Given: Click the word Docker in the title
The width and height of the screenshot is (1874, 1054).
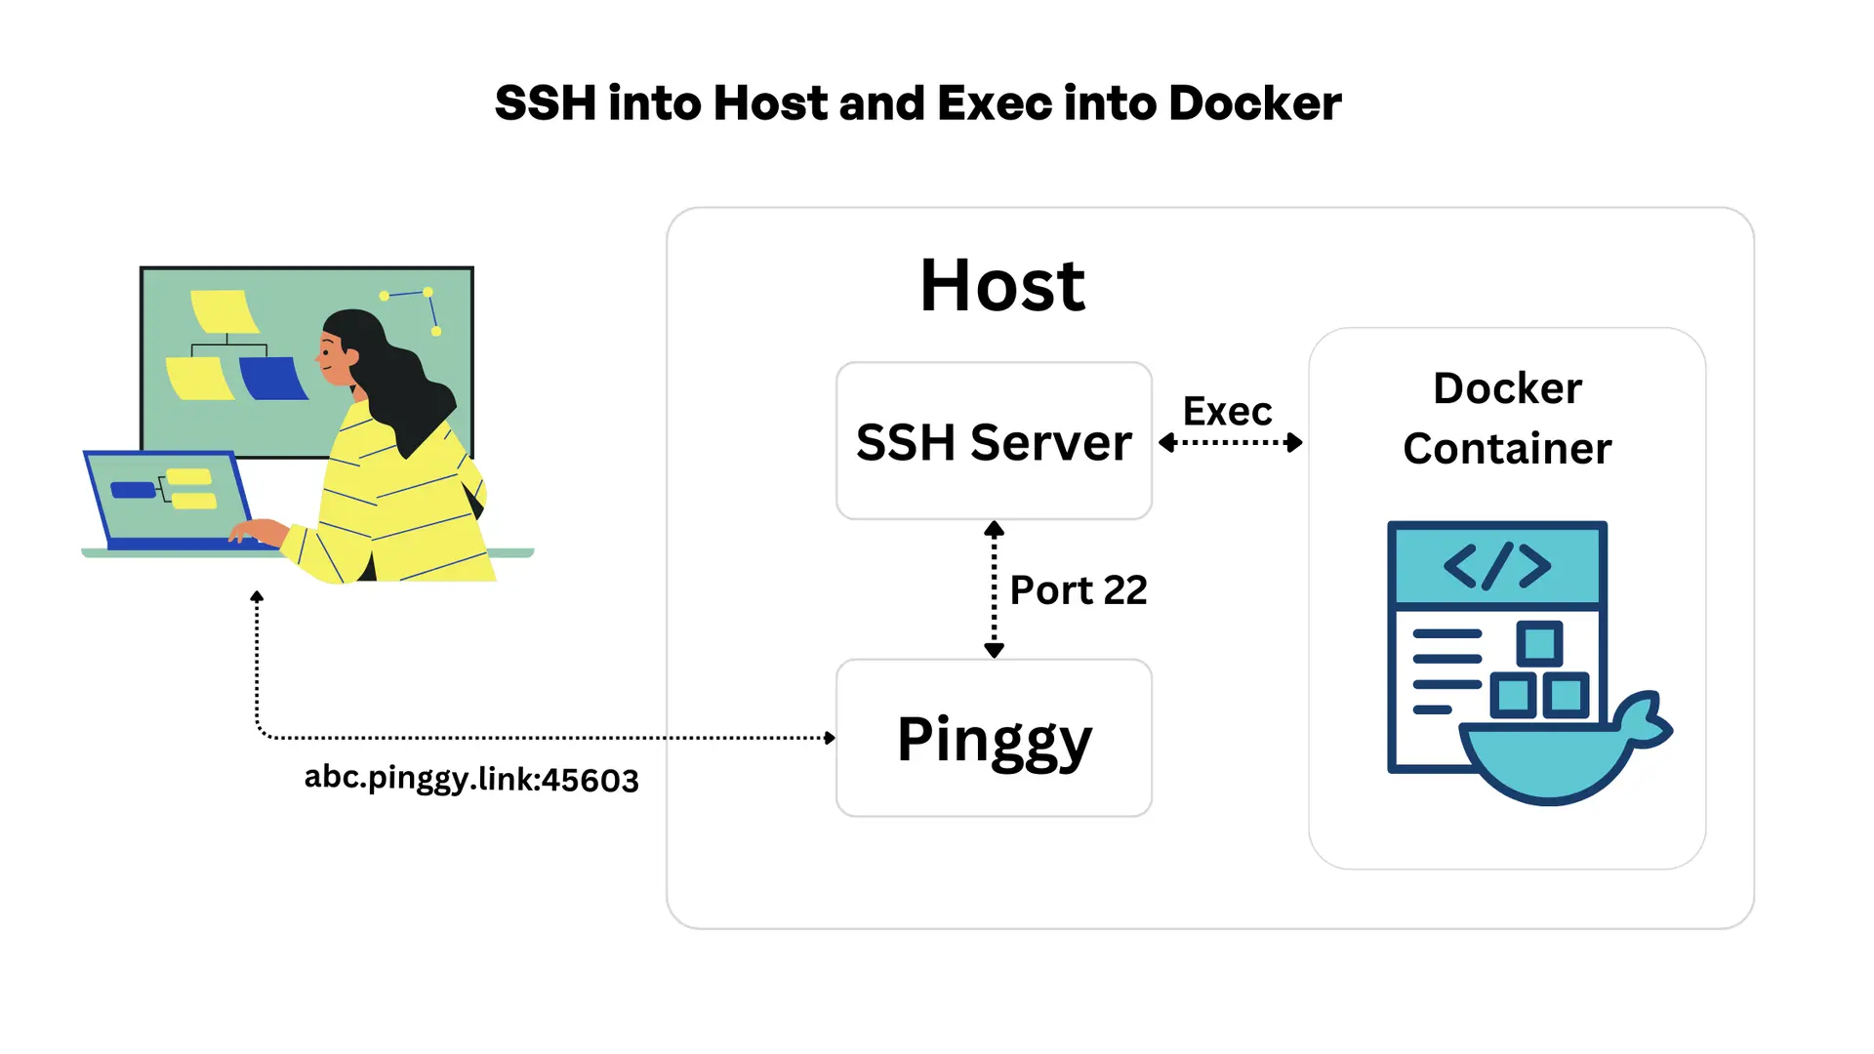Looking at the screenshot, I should pyautogui.click(x=1254, y=103).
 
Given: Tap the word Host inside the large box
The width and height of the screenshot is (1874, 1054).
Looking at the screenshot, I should pyautogui.click(x=1001, y=286).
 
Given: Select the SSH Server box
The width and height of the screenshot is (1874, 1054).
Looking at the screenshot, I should pyautogui.click(x=994, y=442).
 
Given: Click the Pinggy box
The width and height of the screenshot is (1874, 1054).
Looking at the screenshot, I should pyautogui.click(x=994, y=739).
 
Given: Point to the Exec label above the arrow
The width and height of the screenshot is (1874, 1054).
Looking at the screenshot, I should pyautogui.click(x=1227, y=412).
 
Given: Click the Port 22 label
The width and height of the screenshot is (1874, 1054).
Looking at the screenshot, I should pyautogui.click(x=1078, y=590).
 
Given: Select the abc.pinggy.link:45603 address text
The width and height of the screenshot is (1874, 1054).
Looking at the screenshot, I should pyautogui.click(x=471, y=779).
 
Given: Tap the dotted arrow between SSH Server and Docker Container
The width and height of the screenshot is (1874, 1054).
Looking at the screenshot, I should pyautogui.click(x=1230, y=443).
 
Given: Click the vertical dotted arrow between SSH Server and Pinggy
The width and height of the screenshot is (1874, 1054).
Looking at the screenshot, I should pyautogui.click(x=994, y=590).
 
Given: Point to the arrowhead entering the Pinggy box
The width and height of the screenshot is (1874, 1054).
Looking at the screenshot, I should pyautogui.click(x=830, y=738).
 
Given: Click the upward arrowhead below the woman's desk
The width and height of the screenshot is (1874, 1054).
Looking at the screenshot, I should pyautogui.click(x=257, y=596).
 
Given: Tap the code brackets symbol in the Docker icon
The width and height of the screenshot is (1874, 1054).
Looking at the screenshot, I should pyautogui.click(x=1496, y=566).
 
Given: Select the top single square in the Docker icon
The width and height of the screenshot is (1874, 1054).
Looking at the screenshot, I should pyautogui.click(x=1539, y=644).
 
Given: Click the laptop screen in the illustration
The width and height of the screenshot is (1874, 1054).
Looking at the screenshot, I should pyautogui.click(x=171, y=496).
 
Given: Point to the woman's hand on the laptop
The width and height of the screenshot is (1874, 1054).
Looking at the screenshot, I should pyautogui.click(x=256, y=532).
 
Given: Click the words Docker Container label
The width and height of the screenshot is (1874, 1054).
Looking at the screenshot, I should pyautogui.click(x=1507, y=419).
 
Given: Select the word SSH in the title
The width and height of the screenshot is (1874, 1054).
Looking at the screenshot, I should pyautogui.click(x=545, y=103).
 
